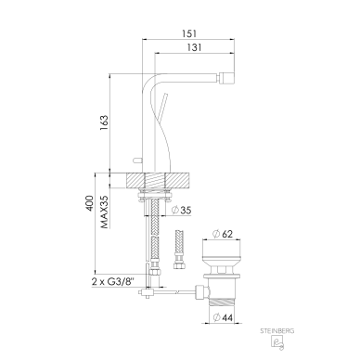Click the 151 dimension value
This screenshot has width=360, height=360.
(x=188, y=33)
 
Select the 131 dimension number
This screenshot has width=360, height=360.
(x=195, y=47)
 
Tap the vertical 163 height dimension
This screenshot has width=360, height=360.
(x=104, y=122)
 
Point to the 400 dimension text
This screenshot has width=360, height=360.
(x=89, y=203)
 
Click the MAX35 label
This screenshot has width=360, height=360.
(x=105, y=212)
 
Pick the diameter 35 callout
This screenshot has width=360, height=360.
(x=181, y=211)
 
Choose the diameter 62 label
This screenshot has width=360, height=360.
(x=223, y=234)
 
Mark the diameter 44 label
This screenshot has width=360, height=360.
(x=223, y=317)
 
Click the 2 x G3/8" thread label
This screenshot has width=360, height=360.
(x=113, y=282)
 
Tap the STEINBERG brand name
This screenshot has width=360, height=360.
(x=277, y=331)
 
